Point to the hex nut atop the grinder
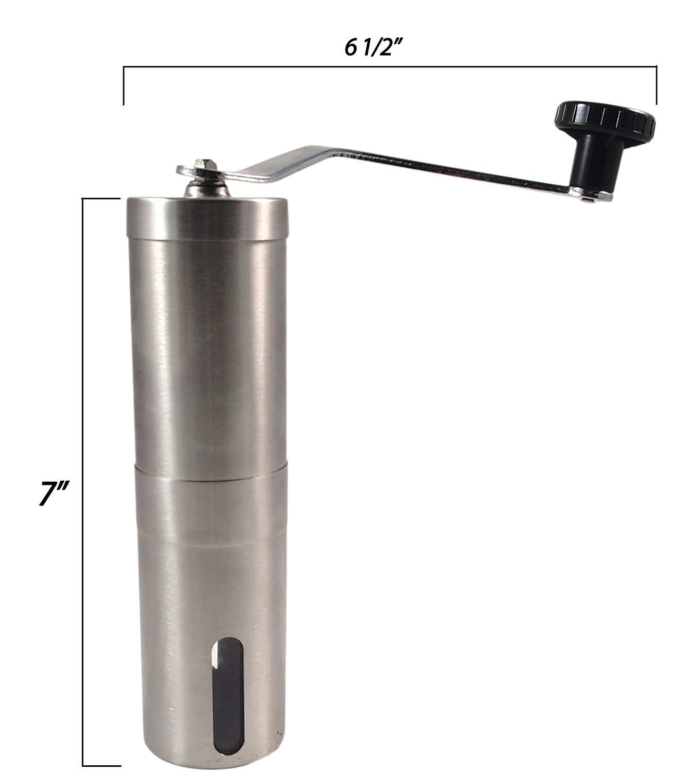[x=204, y=165]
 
